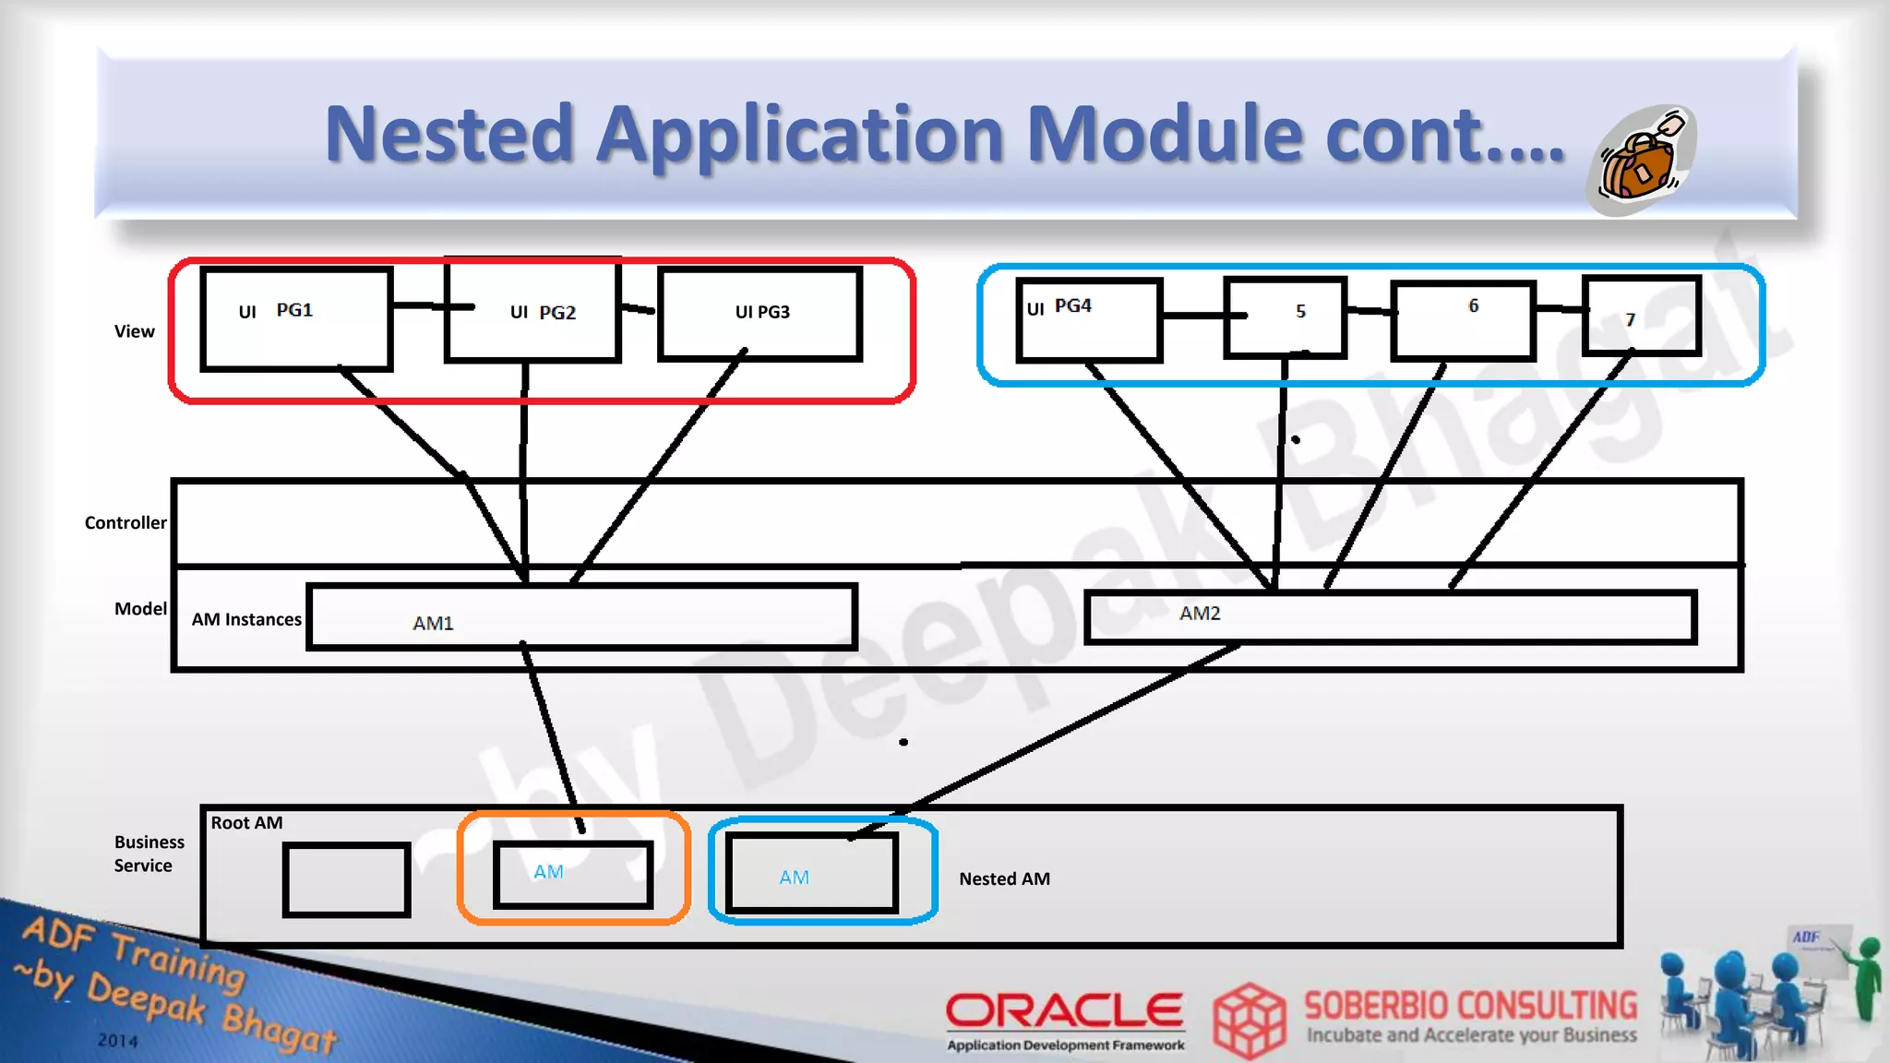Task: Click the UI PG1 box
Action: pyautogui.click(x=296, y=319)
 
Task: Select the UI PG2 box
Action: pyautogui.click(x=532, y=312)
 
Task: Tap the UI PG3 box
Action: pyautogui.click(x=760, y=313)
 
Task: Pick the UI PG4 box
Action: pyautogui.click(x=1088, y=319)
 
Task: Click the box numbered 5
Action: pyautogui.click(x=1285, y=317)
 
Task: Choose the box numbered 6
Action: pyautogui.click(x=1463, y=319)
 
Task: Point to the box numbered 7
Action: pyautogui.click(x=1641, y=316)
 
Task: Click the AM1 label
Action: pyautogui.click(x=433, y=624)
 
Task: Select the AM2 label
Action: pyautogui.click(x=1200, y=614)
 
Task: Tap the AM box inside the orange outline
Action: pyautogui.click(x=573, y=874)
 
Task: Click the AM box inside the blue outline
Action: pyautogui.click(x=811, y=873)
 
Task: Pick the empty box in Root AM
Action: pyautogui.click(x=346, y=879)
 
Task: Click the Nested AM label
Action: pyautogui.click(x=1004, y=879)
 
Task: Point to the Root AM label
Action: pyautogui.click(x=246, y=823)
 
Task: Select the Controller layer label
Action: pyautogui.click(x=126, y=523)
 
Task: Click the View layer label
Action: pyautogui.click(x=135, y=331)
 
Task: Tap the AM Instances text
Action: pyautogui.click(x=246, y=620)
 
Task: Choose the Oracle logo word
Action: pyautogui.click(x=1064, y=1010)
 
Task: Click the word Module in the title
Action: pyautogui.click(x=1165, y=135)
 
